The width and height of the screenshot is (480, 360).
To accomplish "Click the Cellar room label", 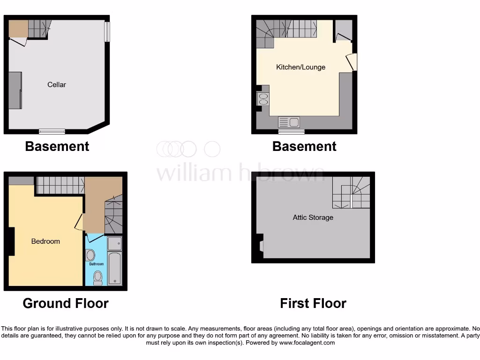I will [x=57, y=85].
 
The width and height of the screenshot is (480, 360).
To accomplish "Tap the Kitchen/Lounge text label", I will [x=300, y=67].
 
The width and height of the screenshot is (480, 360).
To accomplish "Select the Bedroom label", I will [x=45, y=241].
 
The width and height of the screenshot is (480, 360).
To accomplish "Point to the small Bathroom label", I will [x=97, y=264].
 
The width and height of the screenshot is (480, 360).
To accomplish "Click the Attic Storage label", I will [x=313, y=217].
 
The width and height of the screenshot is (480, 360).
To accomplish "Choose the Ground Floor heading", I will [x=66, y=303].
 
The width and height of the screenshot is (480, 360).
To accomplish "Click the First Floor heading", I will [x=313, y=303].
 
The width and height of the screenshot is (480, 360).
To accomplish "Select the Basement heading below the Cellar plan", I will [x=57, y=146].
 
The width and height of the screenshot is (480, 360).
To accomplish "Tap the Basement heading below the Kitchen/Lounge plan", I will [x=304, y=146].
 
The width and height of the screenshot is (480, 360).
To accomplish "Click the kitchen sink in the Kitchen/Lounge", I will [x=289, y=122].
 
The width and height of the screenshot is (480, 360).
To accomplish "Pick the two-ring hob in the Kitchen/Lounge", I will [x=263, y=99].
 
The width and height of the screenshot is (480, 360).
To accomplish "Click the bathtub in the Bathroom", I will [x=114, y=269].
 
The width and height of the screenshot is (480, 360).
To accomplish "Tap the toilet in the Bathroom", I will [x=97, y=277].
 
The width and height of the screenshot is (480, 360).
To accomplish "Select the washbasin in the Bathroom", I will [x=90, y=255].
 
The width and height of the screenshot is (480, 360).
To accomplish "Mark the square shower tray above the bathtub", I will [x=114, y=244].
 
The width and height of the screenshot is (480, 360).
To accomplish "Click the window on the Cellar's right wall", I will [x=107, y=32].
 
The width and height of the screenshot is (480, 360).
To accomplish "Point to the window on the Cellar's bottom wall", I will [x=52, y=131].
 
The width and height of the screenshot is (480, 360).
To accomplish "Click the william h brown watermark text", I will [x=240, y=172].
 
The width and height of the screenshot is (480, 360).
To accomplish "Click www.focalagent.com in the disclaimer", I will [x=307, y=343].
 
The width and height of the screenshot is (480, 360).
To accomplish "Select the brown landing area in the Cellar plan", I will [x=18, y=29].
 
